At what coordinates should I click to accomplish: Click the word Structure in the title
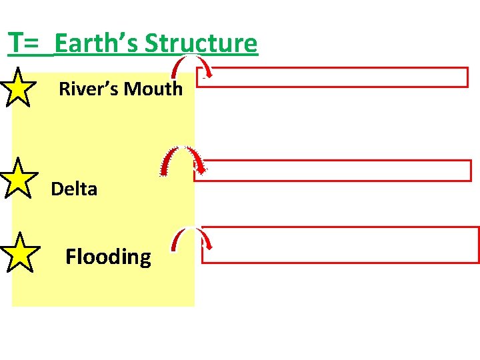point(201,43)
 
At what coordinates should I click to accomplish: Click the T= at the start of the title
point(26,43)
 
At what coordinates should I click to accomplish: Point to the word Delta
point(74,189)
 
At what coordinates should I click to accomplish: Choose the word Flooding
point(108,256)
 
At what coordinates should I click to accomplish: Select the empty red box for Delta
point(332,170)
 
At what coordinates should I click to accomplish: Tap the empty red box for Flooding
point(340,245)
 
